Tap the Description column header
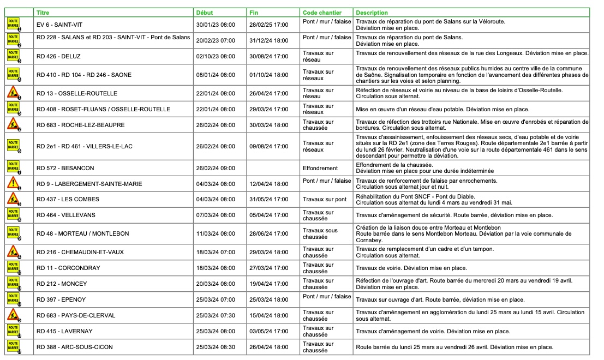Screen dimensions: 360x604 tap(372, 12)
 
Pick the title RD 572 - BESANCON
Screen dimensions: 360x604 tap(67, 168)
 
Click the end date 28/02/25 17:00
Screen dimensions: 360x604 tap(268, 25)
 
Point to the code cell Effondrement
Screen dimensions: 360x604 tap(320, 168)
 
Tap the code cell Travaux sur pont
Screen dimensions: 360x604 tap(325, 200)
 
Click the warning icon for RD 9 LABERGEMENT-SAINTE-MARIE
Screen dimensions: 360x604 tap(13, 183)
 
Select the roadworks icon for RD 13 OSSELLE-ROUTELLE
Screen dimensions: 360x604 tap(13, 93)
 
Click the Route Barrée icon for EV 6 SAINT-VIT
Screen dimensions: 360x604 tap(13, 24)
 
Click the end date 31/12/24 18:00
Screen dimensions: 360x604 tap(268, 40)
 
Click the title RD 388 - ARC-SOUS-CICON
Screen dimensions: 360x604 tap(71, 347)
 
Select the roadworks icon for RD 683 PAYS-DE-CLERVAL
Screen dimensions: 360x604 tap(13, 315)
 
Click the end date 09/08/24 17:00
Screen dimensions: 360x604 tap(268, 146)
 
